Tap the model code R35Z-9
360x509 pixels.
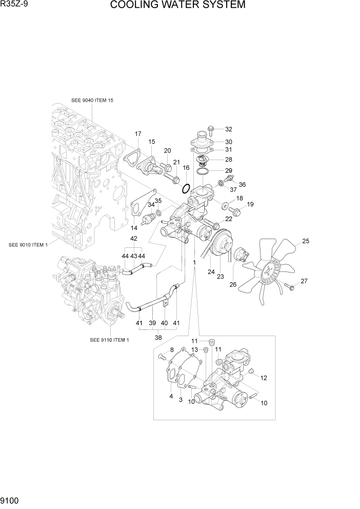pos(14,6)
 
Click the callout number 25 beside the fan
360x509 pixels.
pos(306,241)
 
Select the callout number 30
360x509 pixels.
pos(228,142)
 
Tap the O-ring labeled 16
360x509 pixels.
pos(187,188)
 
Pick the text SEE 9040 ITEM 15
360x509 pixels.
pos(92,101)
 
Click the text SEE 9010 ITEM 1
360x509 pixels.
pos(28,245)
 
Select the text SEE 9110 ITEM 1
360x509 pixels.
pos(109,340)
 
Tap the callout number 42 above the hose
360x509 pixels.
pos(133,239)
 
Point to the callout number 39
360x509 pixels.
pos(152,323)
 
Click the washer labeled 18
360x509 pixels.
pos(226,206)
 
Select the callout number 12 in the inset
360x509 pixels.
pos(264,378)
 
